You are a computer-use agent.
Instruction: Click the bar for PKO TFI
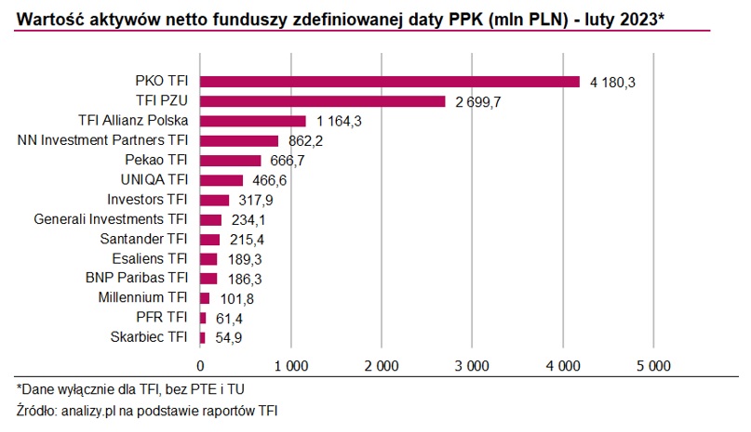coord(390,82)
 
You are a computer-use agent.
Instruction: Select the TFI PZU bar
coord(323,101)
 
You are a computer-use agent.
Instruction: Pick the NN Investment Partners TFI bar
coord(239,140)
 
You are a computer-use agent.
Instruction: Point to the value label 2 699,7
coord(478,102)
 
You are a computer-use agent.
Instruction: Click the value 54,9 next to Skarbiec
coord(228,337)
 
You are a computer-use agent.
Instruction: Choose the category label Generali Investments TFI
coord(111,219)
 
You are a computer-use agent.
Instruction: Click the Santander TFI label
coord(143,239)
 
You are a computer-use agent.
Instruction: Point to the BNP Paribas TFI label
coord(138,278)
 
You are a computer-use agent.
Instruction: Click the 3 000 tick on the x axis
coord(472,365)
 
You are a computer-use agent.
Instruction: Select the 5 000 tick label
coord(652,365)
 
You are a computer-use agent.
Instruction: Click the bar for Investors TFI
coord(215,200)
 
